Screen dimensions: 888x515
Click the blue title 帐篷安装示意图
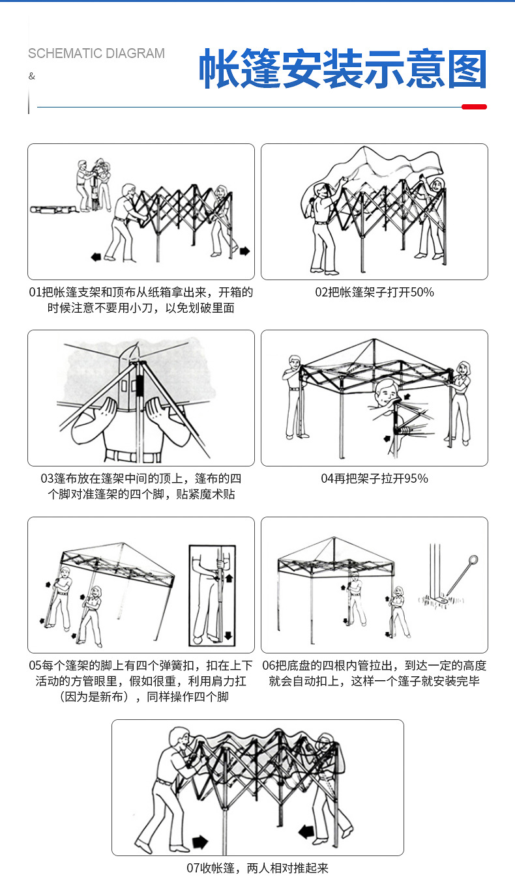tap(343, 69)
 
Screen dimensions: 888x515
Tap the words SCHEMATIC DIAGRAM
tap(96, 54)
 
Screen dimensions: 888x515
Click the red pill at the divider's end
tap(474, 107)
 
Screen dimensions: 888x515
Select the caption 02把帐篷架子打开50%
tap(374, 293)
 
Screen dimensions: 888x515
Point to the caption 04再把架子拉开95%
tap(374, 479)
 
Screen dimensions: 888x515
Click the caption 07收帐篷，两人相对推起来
tap(257, 868)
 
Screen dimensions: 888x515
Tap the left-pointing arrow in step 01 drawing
tap(96, 257)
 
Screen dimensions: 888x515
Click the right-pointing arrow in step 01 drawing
tap(244, 251)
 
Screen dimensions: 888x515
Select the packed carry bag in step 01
tap(52, 210)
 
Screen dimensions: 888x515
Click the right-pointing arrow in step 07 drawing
tap(199, 842)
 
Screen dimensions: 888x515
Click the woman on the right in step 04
tap(462, 401)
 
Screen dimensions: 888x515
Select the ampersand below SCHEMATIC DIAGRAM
tap(31, 77)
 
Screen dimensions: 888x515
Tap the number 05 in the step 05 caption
tap(35, 666)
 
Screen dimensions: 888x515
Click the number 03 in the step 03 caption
tap(47, 479)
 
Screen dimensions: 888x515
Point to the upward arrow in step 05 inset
tap(228, 578)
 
